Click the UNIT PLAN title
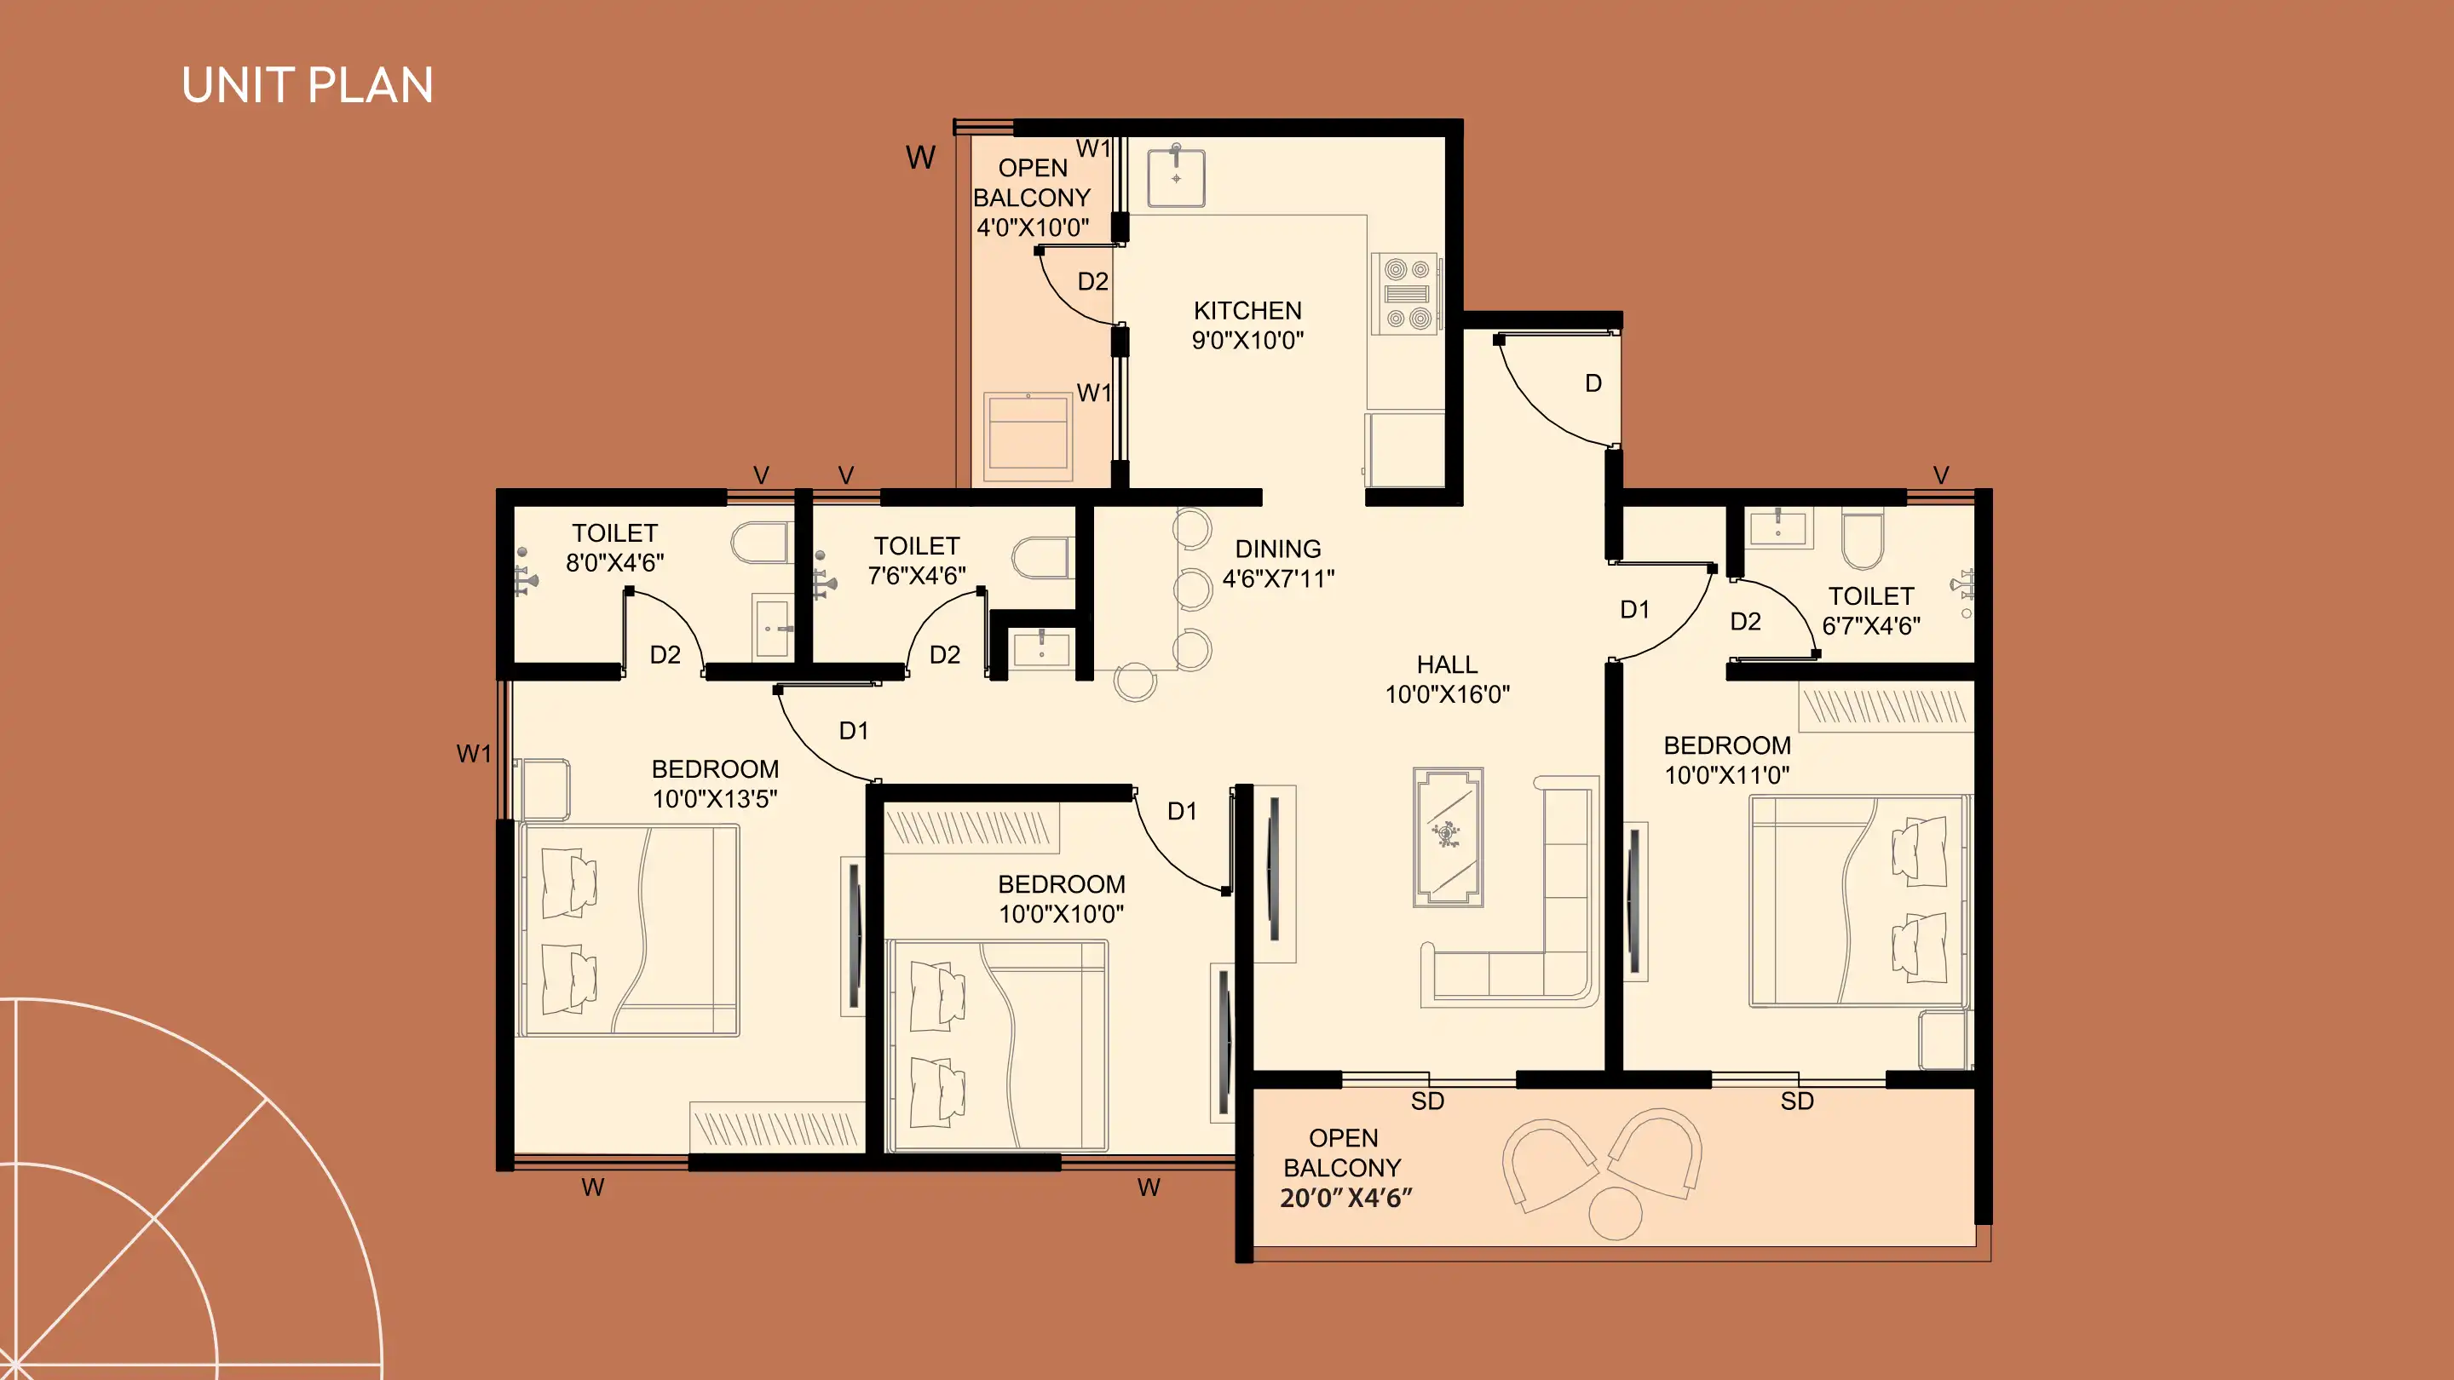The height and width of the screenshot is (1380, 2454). (307, 86)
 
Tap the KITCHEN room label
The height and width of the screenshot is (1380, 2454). (1247, 310)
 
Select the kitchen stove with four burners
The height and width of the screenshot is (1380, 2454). (1406, 293)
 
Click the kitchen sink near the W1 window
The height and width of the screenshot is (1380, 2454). (1177, 176)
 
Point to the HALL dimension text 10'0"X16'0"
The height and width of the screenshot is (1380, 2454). (1447, 694)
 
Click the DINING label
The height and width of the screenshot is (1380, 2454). (1277, 549)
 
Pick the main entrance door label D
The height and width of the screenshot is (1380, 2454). (1593, 382)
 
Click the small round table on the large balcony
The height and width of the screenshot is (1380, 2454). (1616, 1213)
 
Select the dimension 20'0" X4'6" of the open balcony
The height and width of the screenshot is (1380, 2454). (1345, 1198)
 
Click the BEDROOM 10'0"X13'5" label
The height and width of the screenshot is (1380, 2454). (715, 783)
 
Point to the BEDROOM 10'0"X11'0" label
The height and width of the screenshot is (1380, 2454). (1727, 760)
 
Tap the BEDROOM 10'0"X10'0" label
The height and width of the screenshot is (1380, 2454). (1061, 898)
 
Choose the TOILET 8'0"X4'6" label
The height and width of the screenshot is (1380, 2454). (614, 548)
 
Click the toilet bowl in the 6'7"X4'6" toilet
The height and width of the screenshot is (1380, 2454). (1863, 539)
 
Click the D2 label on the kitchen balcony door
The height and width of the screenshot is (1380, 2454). (1092, 281)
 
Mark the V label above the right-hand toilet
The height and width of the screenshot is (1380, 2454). (1940, 474)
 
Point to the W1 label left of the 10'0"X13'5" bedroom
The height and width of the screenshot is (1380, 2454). (474, 753)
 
